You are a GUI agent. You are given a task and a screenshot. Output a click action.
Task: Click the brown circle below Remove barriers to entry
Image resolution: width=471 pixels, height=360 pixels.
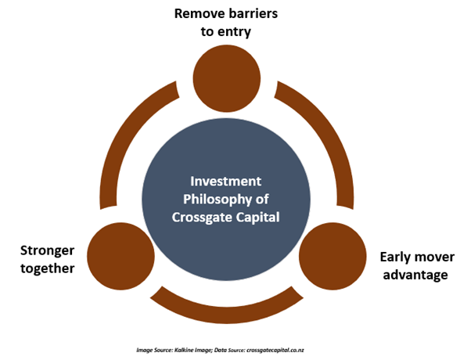(x=226, y=78)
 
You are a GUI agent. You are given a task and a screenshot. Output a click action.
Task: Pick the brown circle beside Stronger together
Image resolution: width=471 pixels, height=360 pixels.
(x=120, y=256)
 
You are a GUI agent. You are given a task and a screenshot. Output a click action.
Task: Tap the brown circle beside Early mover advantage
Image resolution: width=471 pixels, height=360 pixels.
(x=333, y=256)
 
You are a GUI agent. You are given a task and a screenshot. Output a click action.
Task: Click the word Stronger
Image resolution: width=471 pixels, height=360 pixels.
(x=48, y=251)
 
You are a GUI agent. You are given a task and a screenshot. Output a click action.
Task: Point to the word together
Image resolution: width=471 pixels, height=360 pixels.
(x=48, y=268)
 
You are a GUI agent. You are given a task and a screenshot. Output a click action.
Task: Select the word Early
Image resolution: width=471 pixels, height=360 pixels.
(x=396, y=257)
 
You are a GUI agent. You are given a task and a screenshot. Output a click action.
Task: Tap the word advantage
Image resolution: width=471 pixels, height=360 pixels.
(x=415, y=275)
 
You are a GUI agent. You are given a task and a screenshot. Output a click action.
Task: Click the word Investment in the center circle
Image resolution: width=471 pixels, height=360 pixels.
(x=226, y=182)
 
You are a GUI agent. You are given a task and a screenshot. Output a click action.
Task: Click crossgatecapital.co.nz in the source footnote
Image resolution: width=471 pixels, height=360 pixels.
(x=275, y=350)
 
